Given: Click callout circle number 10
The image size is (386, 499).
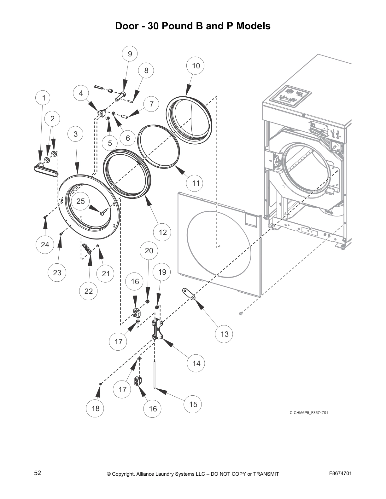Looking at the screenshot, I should coord(196,66).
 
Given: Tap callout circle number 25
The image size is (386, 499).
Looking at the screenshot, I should coord(81,201).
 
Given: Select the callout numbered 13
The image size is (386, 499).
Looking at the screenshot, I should coord(225,334).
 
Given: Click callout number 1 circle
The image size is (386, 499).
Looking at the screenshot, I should coord(44,98).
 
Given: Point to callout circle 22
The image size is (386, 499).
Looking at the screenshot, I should coord(89,291).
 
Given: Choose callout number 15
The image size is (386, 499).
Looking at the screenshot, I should coord(193,404).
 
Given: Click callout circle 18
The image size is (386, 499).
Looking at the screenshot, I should coord(96,409).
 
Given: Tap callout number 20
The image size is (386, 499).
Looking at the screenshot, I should coord(149,251).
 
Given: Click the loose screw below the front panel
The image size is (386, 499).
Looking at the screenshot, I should coord(242,313).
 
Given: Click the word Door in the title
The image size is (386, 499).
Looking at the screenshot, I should coord(127,26).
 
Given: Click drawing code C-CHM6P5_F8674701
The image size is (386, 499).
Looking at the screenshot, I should coord(309,413).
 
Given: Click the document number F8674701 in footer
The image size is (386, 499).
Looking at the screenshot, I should coord(340,473).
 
